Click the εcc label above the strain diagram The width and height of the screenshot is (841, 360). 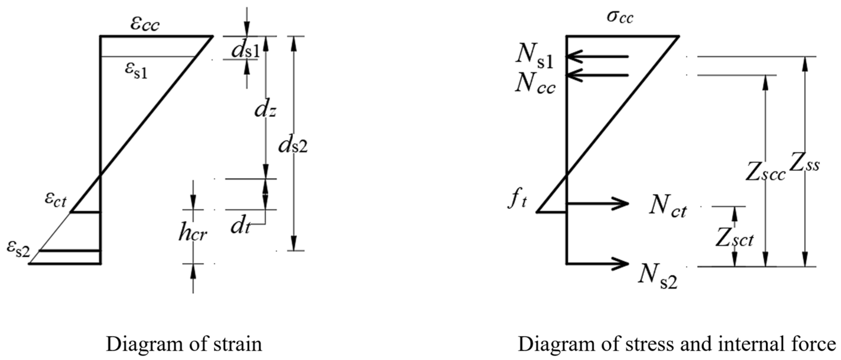(x=145, y=24)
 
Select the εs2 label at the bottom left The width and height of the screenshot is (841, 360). (x=18, y=249)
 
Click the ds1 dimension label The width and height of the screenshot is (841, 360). (x=245, y=51)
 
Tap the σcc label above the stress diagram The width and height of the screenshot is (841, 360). (x=620, y=17)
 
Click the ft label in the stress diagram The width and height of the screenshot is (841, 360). (x=518, y=201)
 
